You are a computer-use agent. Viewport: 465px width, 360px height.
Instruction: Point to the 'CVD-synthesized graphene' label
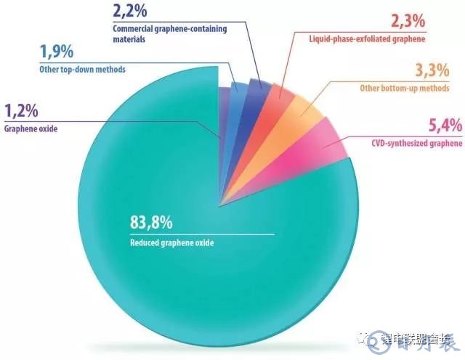416,144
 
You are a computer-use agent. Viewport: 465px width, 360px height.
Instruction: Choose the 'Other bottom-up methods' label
411,89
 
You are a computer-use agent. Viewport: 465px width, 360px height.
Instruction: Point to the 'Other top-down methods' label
82,70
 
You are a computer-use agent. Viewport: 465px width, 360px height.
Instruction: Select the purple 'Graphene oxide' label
33,131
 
